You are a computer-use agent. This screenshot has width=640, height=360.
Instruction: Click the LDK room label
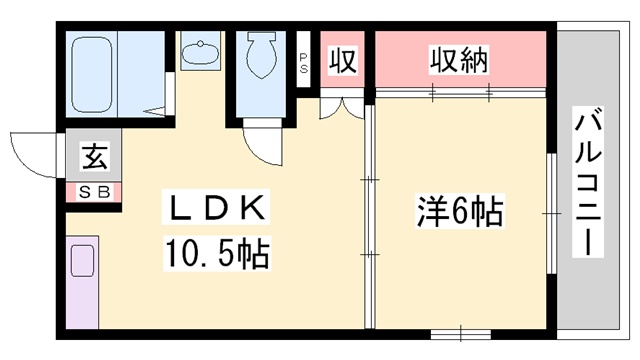click(x=216, y=207)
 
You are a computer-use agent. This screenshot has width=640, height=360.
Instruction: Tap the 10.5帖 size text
click(x=217, y=253)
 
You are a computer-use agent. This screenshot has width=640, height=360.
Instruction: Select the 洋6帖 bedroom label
click(x=460, y=212)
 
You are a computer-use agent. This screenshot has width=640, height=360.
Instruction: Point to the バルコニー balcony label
click(x=588, y=182)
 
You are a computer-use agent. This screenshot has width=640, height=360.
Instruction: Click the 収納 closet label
click(x=459, y=60)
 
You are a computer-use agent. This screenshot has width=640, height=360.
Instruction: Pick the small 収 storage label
click(x=343, y=60)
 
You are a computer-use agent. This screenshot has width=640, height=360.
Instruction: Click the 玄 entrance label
click(x=95, y=156)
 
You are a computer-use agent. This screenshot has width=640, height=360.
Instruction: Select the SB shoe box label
click(x=94, y=192)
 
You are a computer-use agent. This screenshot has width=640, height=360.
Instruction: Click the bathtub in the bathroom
click(x=92, y=75)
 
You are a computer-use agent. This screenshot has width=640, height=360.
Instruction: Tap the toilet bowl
click(x=261, y=55)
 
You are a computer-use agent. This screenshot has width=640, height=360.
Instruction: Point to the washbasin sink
click(x=200, y=53)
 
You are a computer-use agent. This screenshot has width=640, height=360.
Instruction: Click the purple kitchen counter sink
click(x=82, y=261)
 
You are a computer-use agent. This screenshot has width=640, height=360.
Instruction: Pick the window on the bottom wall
click(x=461, y=334)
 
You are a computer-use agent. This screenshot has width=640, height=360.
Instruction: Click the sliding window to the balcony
click(x=551, y=213)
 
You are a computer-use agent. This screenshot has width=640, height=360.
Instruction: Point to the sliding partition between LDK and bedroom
click(x=370, y=217)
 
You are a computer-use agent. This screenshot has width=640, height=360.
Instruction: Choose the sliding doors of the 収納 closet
click(x=461, y=92)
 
